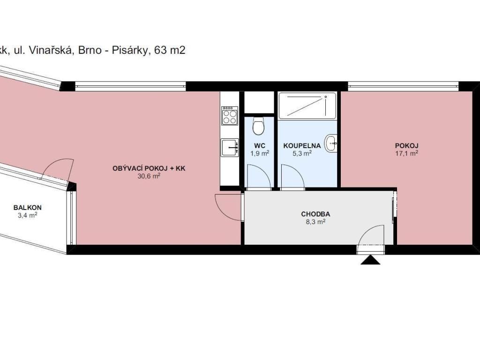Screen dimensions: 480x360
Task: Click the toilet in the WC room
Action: coord(259,126)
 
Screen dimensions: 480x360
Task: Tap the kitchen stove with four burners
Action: coord(230,115)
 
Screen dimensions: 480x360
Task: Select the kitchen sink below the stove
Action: coord(230,148)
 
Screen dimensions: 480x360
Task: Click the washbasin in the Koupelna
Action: coord(331,143)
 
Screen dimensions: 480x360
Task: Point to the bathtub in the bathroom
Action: coord(307,105)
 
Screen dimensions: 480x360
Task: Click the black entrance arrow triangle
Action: coord(370,260)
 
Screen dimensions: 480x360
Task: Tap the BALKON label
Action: coord(28,208)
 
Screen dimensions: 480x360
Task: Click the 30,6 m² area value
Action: coord(149,176)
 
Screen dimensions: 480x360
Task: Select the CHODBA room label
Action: coord(315,214)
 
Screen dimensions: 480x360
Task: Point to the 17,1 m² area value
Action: coord(406,153)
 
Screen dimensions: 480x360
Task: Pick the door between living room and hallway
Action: coord(228,207)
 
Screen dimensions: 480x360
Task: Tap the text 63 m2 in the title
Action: coord(170,50)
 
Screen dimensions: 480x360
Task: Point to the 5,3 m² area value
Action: coord(302,153)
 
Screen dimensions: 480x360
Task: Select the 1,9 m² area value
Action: coord(260,153)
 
